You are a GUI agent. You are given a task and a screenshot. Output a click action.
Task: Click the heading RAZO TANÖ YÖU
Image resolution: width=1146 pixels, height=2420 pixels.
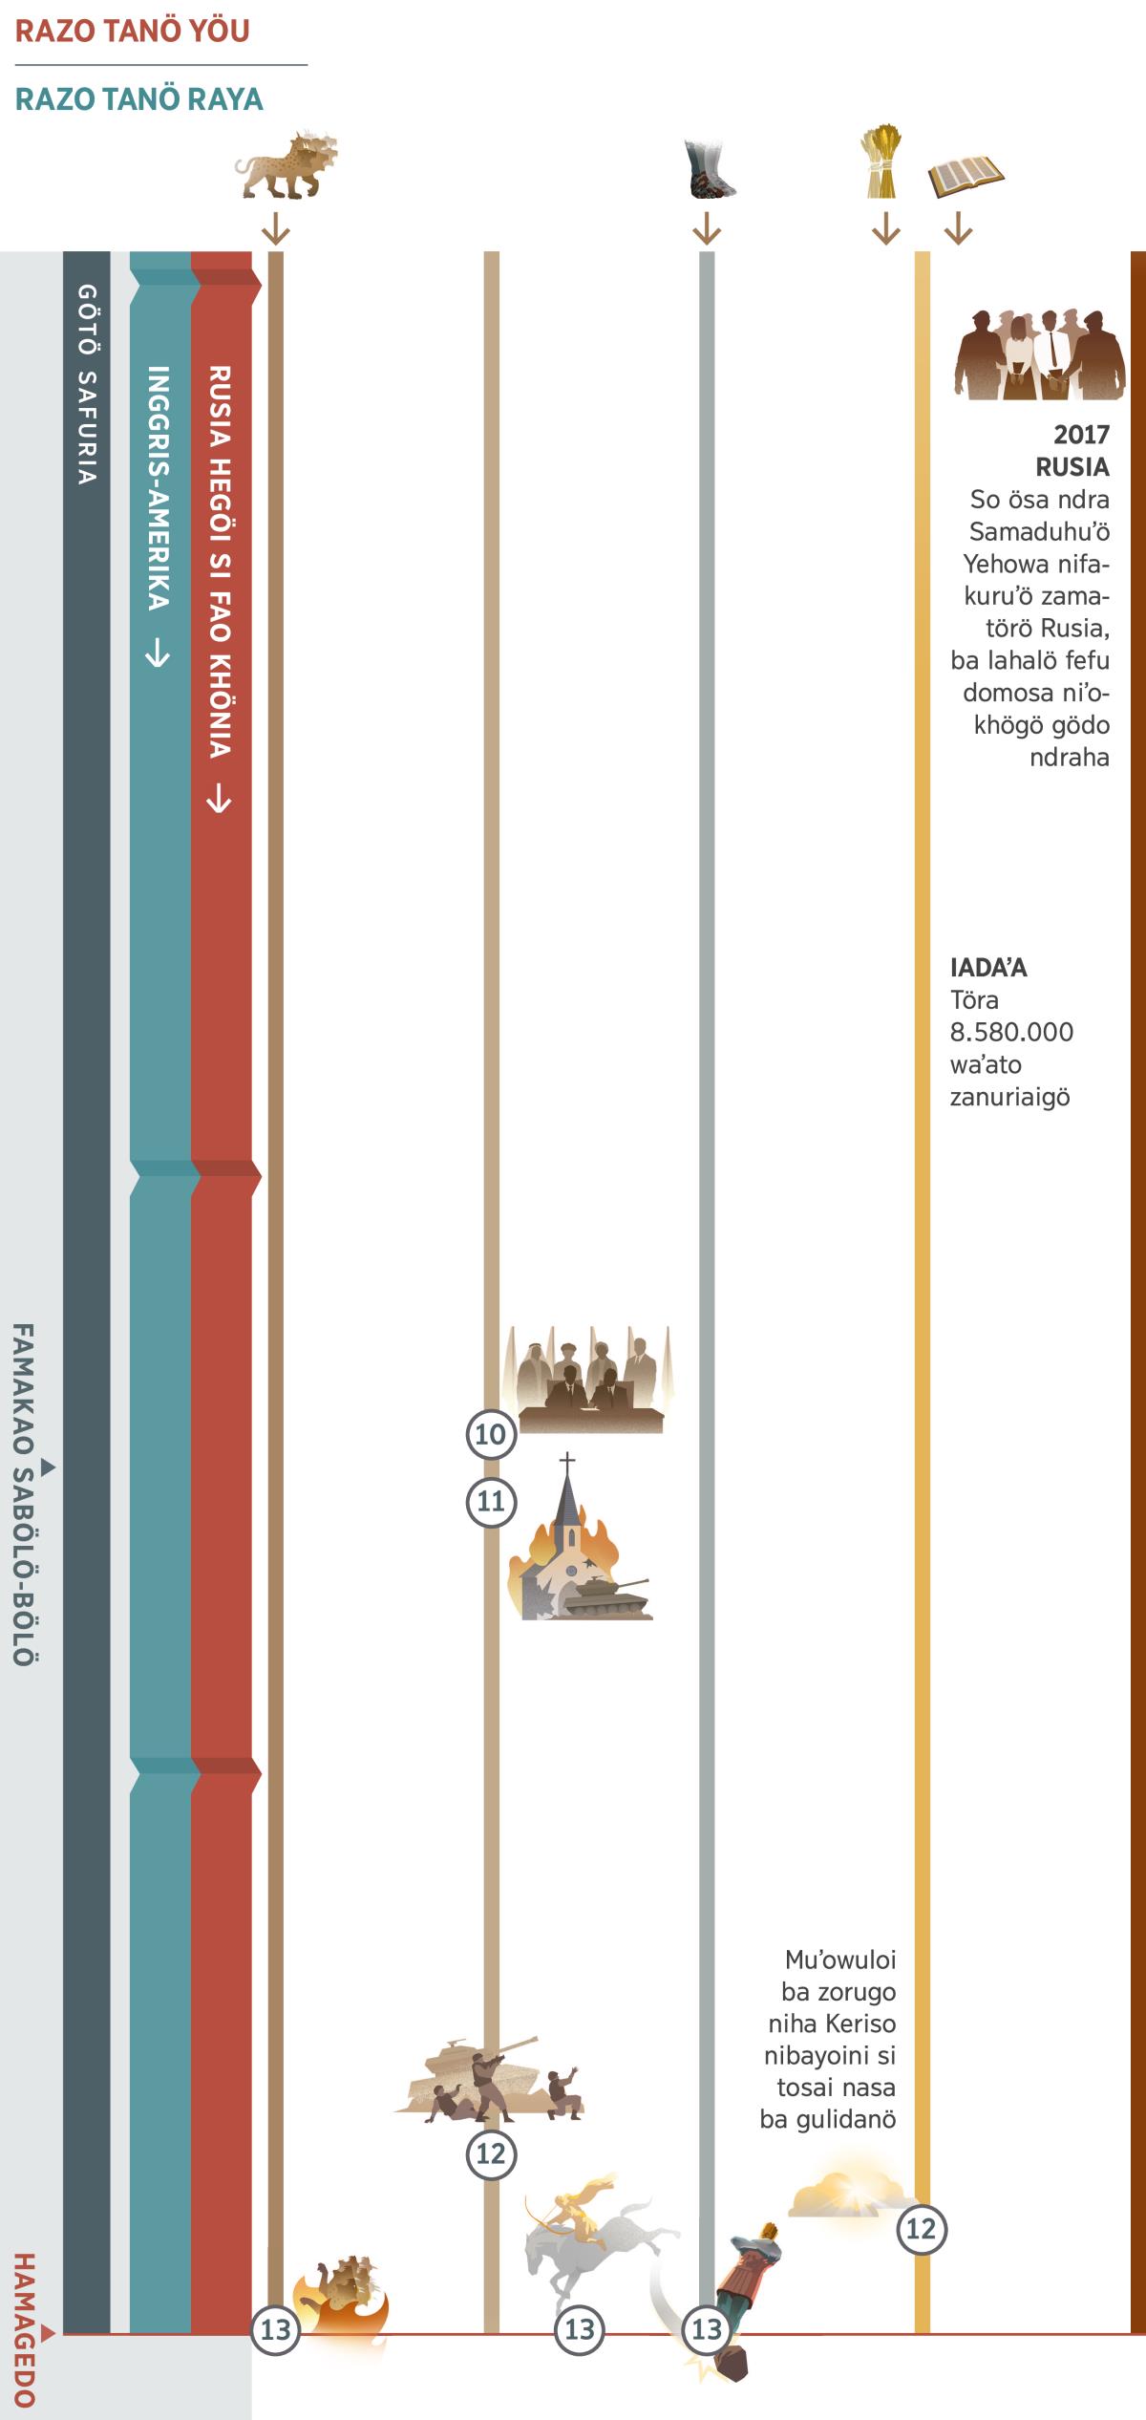pyautogui.click(x=132, y=32)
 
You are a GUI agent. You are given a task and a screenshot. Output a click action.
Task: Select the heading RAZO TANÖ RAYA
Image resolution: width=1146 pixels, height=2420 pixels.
pyautogui.click(x=139, y=99)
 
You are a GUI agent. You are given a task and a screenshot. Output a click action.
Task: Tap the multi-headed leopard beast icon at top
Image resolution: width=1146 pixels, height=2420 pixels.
pyautogui.click(x=285, y=165)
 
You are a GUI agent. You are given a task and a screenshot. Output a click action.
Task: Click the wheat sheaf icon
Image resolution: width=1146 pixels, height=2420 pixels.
pyautogui.click(x=881, y=162)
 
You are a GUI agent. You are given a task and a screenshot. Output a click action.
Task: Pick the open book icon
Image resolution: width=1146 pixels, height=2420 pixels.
pyautogui.click(x=965, y=176)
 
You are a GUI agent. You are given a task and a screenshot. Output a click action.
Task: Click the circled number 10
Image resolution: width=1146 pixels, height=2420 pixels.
pyautogui.click(x=490, y=1434)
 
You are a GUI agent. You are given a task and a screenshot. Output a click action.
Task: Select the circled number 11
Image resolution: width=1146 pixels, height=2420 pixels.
pyautogui.click(x=490, y=1501)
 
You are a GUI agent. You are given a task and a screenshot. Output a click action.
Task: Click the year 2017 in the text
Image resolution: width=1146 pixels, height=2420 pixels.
pyautogui.click(x=1081, y=435)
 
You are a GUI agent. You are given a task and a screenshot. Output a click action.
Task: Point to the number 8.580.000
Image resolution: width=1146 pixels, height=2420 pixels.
pyautogui.click(x=1011, y=1032)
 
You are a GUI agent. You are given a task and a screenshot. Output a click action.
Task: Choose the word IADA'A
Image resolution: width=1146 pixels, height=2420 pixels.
pyautogui.click(x=988, y=968)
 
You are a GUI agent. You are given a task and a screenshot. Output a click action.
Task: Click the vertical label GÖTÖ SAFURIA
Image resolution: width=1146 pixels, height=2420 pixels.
pyautogui.click(x=87, y=383)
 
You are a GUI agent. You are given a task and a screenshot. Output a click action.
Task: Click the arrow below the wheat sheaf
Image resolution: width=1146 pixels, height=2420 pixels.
pyautogui.click(x=885, y=228)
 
